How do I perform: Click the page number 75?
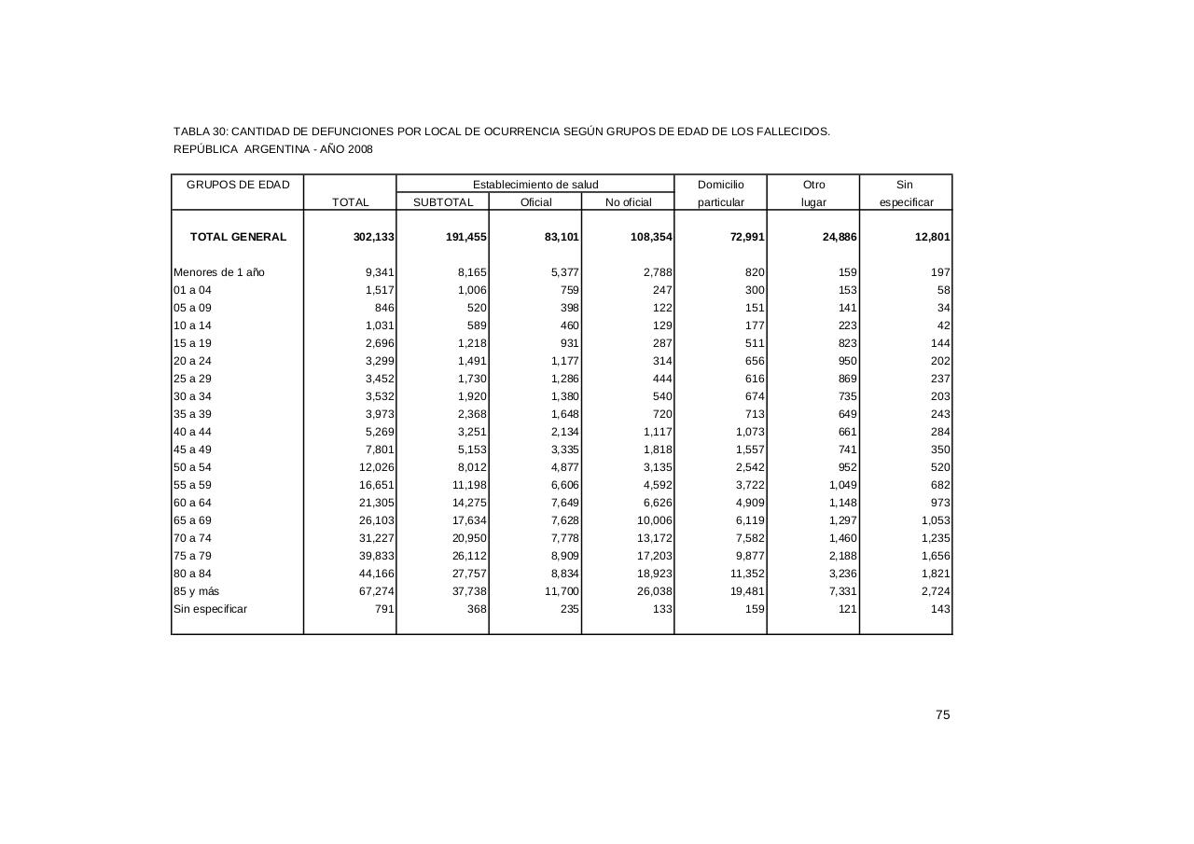coord(942,715)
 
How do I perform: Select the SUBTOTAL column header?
coord(443,202)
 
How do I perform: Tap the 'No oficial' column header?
coord(628,202)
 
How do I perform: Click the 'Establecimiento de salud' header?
coord(535,185)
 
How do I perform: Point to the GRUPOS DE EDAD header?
coord(238,185)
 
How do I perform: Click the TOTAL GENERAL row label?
coord(238,237)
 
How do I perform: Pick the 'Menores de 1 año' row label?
coord(219,272)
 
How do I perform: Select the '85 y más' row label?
coord(196,591)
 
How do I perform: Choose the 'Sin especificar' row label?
coord(210,609)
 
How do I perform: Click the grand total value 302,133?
coord(374,237)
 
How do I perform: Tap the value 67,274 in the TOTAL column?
coord(377,591)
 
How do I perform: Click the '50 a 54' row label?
coord(192,467)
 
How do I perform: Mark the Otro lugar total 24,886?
coord(840,237)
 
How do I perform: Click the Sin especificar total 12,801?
coord(932,237)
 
